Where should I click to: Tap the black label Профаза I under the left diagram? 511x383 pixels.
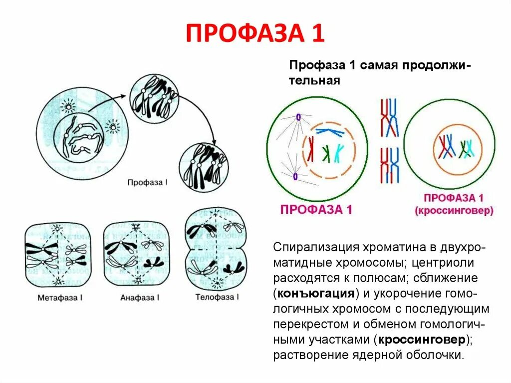click(148, 183)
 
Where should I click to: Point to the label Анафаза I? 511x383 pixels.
click(140, 298)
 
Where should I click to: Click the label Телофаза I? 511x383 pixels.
click(217, 297)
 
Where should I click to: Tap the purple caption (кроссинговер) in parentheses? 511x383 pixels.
click(453, 211)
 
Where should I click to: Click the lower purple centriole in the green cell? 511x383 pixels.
click(295, 176)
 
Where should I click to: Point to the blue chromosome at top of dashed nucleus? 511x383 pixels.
click(330, 131)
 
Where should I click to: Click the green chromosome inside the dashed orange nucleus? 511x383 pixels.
click(326, 153)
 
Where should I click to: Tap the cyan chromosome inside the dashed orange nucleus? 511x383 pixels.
click(339, 153)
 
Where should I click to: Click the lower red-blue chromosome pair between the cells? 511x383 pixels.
click(389, 165)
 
